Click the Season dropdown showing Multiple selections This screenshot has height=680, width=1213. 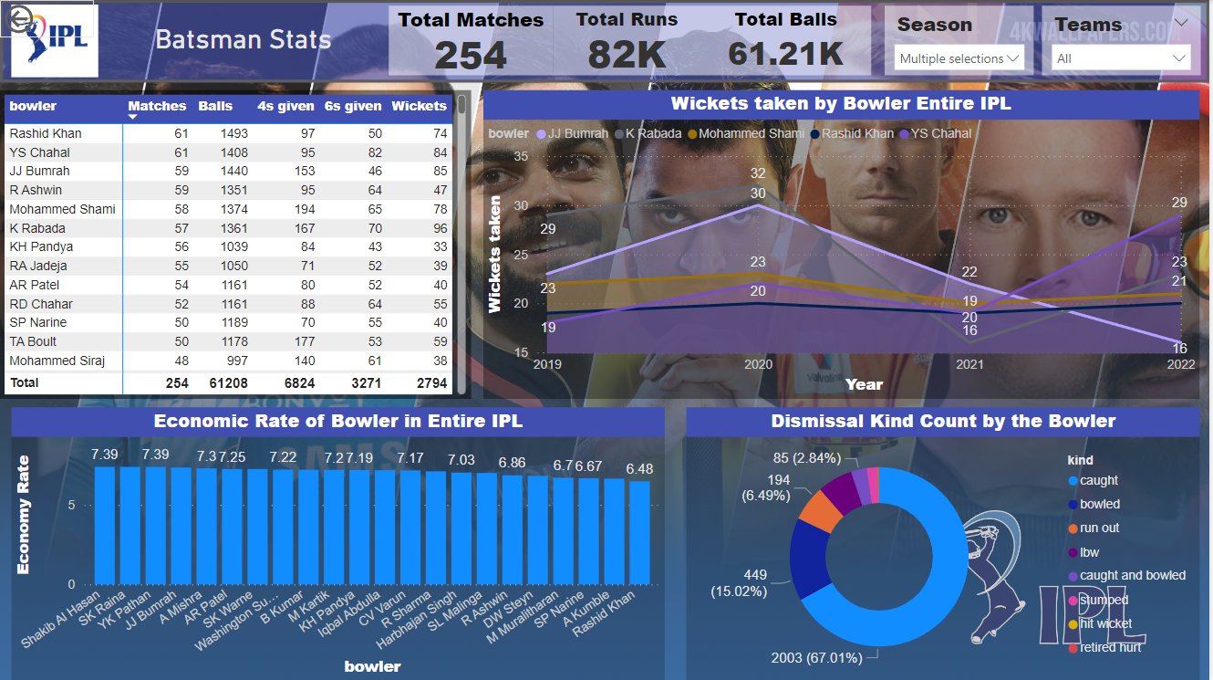[959, 58]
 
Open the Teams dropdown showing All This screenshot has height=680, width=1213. [1122, 58]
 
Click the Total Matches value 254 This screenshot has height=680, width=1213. [470, 55]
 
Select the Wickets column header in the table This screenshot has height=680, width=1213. [419, 106]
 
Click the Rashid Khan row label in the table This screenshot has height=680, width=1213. [46, 133]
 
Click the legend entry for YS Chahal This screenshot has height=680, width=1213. [938, 133]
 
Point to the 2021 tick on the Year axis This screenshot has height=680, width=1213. [969, 364]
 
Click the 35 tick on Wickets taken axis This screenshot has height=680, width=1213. [521, 156]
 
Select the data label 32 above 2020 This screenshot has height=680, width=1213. [758, 173]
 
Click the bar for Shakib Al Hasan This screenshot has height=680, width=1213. [105, 525]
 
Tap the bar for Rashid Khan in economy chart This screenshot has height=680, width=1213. [639, 531]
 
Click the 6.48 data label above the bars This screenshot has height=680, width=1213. [639, 469]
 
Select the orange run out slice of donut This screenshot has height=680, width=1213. [817, 511]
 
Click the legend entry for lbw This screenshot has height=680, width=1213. [1089, 552]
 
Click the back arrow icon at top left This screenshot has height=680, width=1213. [17, 16]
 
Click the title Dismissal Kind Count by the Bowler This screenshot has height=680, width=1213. [943, 421]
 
